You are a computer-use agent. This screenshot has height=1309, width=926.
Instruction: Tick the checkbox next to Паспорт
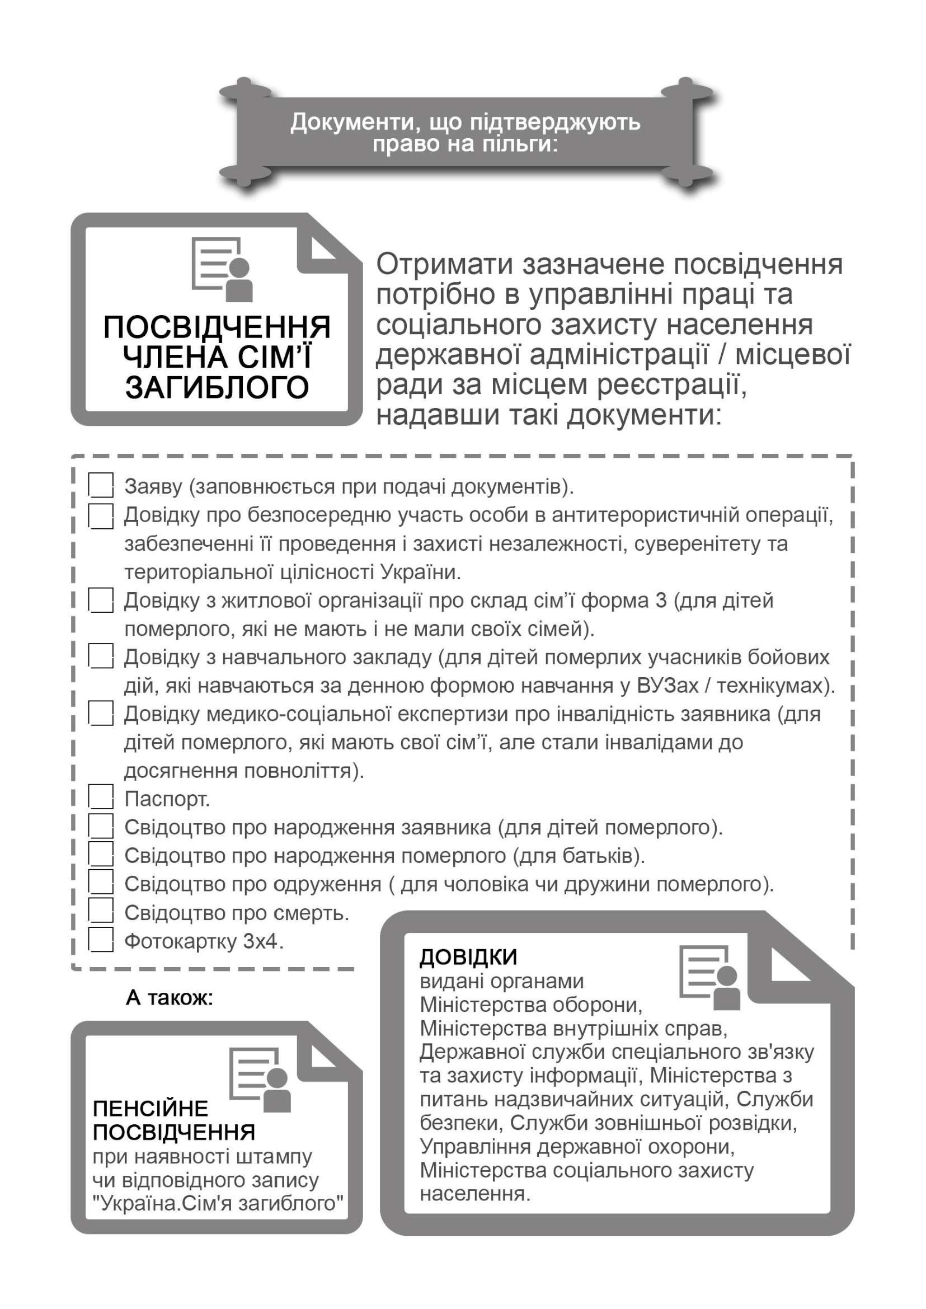(x=101, y=798)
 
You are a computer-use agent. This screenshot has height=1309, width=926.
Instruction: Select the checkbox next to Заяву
(x=101, y=485)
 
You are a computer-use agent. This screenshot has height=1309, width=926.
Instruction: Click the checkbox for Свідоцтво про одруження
(x=101, y=884)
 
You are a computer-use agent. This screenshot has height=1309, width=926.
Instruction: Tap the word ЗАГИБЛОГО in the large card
(x=217, y=388)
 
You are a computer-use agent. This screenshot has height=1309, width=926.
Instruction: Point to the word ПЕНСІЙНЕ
(x=151, y=1108)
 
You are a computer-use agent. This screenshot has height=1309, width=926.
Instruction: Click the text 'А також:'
(x=170, y=998)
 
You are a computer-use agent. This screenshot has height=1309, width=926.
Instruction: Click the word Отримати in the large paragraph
(x=445, y=265)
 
